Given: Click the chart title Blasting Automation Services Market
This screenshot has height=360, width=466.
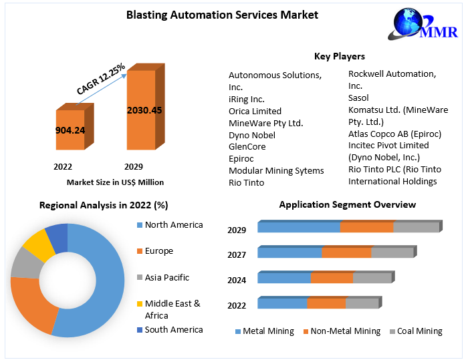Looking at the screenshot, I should pyautogui.click(x=222, y=15).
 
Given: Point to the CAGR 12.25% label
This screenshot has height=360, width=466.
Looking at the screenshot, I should pyautogui.click(x=102, y=78).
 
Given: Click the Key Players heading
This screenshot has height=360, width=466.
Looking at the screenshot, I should pyautogui.click(x=339, y=56).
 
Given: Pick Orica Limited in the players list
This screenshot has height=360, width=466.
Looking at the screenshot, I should pyautogui.click(x=255, y=111).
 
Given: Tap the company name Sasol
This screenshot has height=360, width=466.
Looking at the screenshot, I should pyautogui.click(x=358, y=98).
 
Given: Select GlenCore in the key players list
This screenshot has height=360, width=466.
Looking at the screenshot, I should pyautogui.click(x=247, y=146).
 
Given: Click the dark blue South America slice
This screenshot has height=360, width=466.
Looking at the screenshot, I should pyautogui.click(x=57, y=237).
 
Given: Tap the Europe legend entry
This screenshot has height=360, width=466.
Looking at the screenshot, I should pyautogui.click(x=158, y=251).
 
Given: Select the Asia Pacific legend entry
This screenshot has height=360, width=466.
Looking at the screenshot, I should pyautogui.click(x=166, y=277).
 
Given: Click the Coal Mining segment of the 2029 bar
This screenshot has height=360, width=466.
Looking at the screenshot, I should pyautogui.click(x=415, y=227).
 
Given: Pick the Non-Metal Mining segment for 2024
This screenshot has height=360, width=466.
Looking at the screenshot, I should pyautogui.click(x=332, y=278).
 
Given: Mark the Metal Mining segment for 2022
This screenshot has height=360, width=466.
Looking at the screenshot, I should pyautogui.click(x=282, y=303).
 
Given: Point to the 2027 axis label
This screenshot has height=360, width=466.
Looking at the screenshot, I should pyautogui.click(x=237, y=254).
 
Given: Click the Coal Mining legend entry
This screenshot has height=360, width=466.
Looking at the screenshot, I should pyautogui.click(x=419, y=331).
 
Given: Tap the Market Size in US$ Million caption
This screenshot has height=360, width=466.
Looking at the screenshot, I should pyautogui.click(x=115, y=182).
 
